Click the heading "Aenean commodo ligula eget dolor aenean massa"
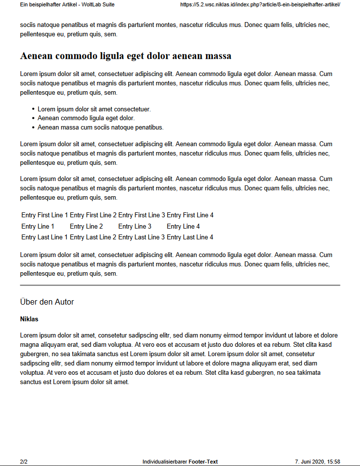[126, 56]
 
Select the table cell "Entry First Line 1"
[45, 215]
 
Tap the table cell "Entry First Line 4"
[190, 215]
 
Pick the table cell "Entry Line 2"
[86, 227]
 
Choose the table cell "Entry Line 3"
[135, 227]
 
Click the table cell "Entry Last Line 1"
[45, 237]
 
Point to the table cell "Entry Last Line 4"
[190, 237]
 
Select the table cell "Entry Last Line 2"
[93, 237]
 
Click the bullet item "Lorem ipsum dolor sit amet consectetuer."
[94, 109]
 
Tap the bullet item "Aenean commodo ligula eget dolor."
[86, 118]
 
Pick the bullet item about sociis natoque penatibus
[101, 128]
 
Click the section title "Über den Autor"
[47, 302]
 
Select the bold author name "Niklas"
[29, 319]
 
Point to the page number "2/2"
[24, 462]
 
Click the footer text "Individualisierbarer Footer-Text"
[180, 462]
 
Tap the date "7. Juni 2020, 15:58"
[317, 462]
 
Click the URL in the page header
[260, 4]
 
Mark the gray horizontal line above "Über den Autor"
[180, 285]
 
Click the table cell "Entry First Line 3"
[142, 215]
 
